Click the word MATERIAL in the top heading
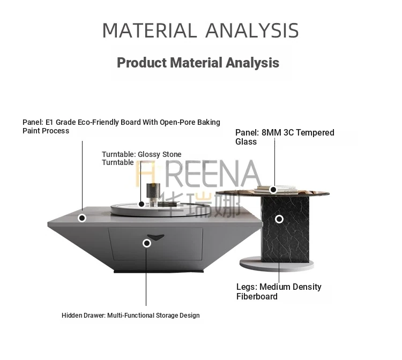click(x=150, y=31)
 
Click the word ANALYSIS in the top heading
click(x=252, y=31)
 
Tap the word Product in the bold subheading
click(x=142, y=63)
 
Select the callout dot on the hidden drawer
click(x=147, y=243)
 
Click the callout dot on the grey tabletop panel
click(x=82, y=218)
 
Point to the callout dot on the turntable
click(x=142, y=204)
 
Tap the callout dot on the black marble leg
click(x=279, y=219)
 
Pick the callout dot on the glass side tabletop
click(x=273, y=190)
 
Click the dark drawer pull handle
click(x=155, y=237)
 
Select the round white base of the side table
click(x=277, y=264)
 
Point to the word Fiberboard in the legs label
click(x=257, y=296)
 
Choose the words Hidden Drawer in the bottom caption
click(x=84, y=316)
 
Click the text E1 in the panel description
click(x=49, y=122)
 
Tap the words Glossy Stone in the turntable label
click(x=160, y=154)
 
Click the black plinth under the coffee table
click(x=159, y=271)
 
